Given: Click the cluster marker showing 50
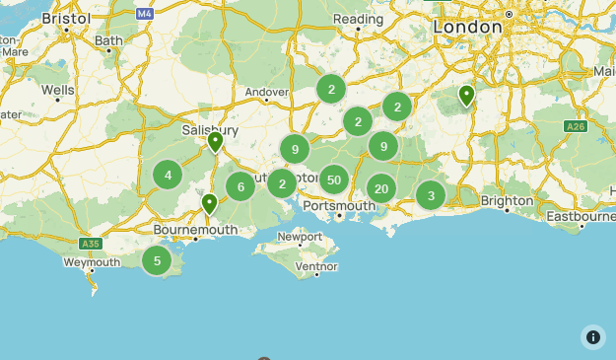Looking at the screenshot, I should pyautogui.click(x=334, y=180).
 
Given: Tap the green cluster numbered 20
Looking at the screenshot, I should pyautogui.click(x=381, y=188).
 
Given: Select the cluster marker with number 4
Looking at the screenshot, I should pyautogui.click(x=168, y=176).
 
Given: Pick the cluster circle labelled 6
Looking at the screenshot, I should pyautogui.click(x=240, y=185).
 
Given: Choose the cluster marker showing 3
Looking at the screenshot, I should pyautogui.click(x=431, y=195).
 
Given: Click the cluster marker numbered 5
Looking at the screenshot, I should pyautogui.click(x=156, y=261).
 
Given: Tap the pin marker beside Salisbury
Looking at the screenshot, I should pyautogui.click(x=215, y=143).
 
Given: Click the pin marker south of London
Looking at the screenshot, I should pyautogui.click(x=466, y=95).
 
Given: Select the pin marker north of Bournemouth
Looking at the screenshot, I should pyautogui.click(x=209, y=204).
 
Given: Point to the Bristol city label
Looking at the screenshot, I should pyautogui.click(x=66, y=19).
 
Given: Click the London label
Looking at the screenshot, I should pyautogui.click(x=467, y=28).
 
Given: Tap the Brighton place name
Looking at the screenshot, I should pyautogui.click(x=507, y=200).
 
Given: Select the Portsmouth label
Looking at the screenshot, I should pyautogui.click(x=339, y=205).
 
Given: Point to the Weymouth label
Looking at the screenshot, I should pyautogui.click(x=92, y=262).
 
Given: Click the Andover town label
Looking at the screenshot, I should pyautogui.click(x=266, y=92).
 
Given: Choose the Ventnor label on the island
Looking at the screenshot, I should pyautogui.click(x=315, y=266).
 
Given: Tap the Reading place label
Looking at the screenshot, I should pyautogui.click(x=358, y=19).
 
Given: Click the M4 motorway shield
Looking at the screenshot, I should pyautogui.click(x=145, y=14).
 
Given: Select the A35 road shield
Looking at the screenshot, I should pyautogui.click(x=90, y=244).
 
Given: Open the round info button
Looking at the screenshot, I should pyautogui.click(x=593, y=337).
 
